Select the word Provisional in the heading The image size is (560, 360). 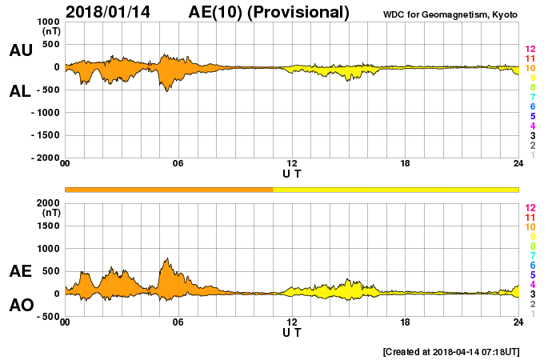coord(300,12)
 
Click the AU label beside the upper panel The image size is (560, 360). coord(21,50)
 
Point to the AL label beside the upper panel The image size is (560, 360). coord(21,91)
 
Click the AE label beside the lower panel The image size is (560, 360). coord(21,271)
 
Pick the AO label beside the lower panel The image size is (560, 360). coord(21,306)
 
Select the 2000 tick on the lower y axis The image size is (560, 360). coord(49,204)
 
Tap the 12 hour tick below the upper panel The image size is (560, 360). coord(292,163)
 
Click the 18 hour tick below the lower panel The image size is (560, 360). coord(406,322)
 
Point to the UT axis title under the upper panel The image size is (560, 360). coord(292,173)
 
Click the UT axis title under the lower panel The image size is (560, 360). coord(292,331)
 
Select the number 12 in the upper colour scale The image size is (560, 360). coord(530,50)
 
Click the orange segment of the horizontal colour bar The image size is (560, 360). coord(168,189)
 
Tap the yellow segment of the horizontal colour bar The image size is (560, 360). coord(396,189)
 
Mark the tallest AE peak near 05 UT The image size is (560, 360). coord(166,259)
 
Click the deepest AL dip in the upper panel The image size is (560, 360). coord(166,90)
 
